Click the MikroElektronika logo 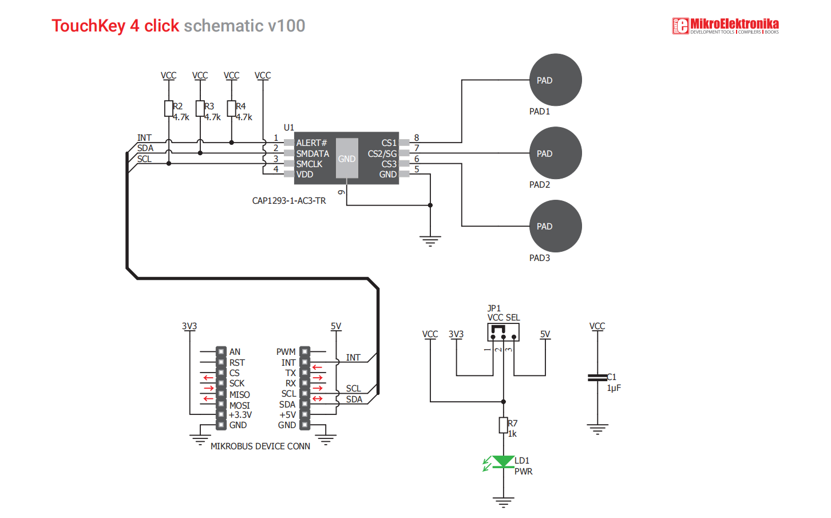tap(725, 26)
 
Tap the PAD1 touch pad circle tap(555, 80)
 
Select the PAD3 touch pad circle tap(555, 226)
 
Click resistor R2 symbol tap(169, 108)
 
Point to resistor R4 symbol tap(231, 108)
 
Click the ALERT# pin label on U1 tap(311, 143)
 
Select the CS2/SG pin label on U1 tap(382, 153)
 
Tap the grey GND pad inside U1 tap(347, 159)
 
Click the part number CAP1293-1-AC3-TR tap(289, 201)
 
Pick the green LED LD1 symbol tap(504, 462)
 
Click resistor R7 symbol tap(503, 425)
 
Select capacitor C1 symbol tap(597, 377)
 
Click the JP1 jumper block tap(503, 332)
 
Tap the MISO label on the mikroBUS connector tap(239, 394)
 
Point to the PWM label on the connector tap(286, 352)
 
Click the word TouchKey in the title tap(88, 26)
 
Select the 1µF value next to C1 tap(614, 388)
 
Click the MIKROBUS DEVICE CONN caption tap(260, 446)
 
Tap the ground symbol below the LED tap(503, 503)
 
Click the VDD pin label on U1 tap(305, 175)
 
